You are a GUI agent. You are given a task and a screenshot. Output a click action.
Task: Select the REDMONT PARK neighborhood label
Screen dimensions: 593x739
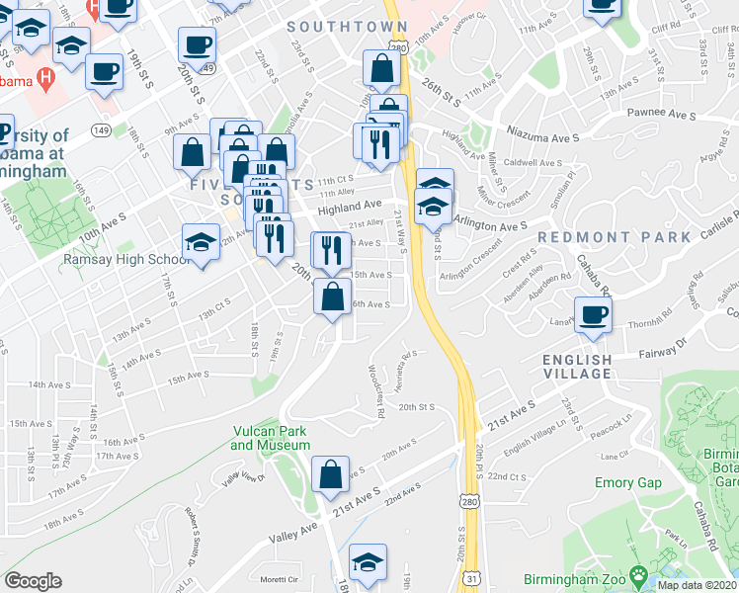[x=614, y=237]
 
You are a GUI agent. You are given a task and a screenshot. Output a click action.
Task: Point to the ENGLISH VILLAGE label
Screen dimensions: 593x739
[x=577, y=367]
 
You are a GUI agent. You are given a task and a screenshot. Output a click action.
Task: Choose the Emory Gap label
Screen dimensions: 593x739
[x=627, y=482]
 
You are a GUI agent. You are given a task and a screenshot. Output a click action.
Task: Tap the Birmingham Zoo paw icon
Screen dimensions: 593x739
[x=639, y=572]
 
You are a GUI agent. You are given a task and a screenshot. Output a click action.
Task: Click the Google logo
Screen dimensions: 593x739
[x=33, y=581]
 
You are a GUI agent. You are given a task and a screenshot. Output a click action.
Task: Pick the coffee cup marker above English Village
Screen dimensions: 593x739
[x=594, y=315]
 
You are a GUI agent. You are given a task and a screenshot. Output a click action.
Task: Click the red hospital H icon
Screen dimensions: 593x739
[x=43, y=76]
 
